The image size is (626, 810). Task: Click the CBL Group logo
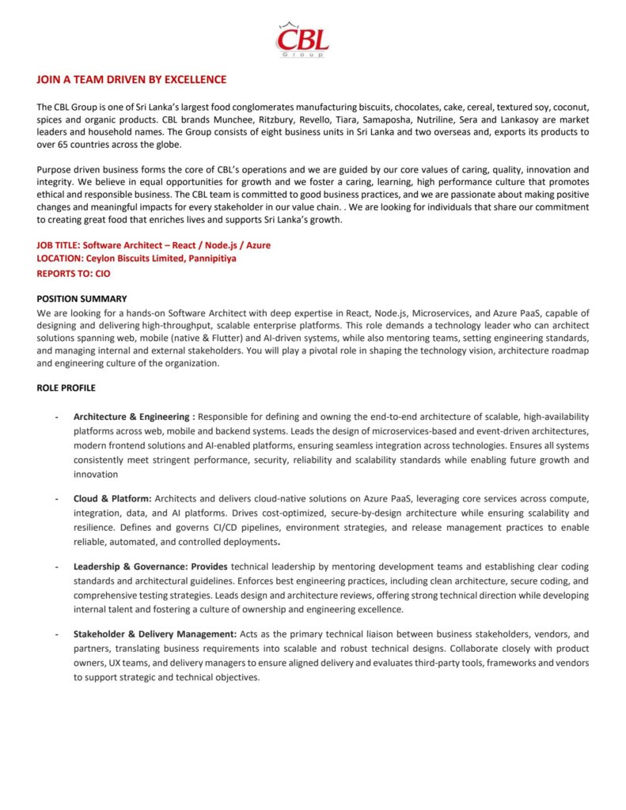pos(303,40)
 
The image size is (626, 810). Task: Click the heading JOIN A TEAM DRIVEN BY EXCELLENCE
pos(131,80)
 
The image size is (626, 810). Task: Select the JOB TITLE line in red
pos(154,245)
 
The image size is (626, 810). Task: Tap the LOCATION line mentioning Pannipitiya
pos(136,258)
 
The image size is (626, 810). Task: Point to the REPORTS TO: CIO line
pos(74,274)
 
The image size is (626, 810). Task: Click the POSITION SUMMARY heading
pos(82,299)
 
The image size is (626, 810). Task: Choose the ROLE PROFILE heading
pos(66,388)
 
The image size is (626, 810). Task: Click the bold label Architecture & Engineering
pos(134,416)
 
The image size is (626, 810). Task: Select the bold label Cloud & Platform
pos(112,498)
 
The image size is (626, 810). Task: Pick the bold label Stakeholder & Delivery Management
pos(154,634)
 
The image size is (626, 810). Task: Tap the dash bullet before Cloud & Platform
pos(56,498)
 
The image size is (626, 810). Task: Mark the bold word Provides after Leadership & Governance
pos(209,567)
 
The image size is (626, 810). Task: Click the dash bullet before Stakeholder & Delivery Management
pos(56,634)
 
